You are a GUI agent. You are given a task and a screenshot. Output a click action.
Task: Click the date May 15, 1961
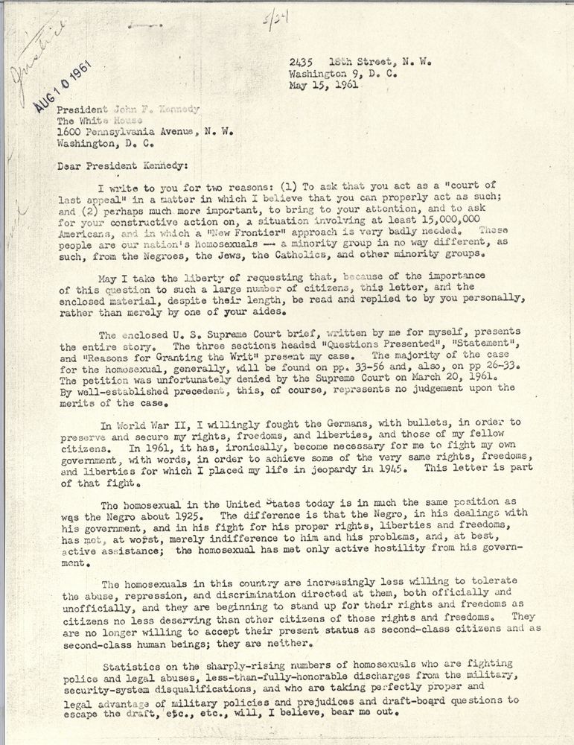click(324, 85)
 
